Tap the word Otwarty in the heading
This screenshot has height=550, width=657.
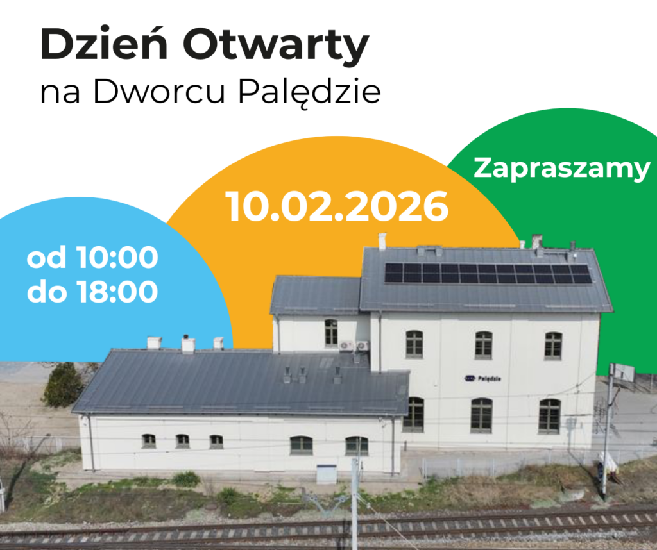click(x=276, y=46)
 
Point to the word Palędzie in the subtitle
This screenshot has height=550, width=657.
click(x=310, y=93)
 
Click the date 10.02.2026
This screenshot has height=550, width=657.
click(x=337, y=206)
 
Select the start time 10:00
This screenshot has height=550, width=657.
click(x=117, y=257)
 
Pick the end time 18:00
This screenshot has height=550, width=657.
click(x=117, y=291)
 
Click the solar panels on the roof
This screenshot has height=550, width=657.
click(x=488, y=273)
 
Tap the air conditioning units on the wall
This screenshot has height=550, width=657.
click(x=354, y=346)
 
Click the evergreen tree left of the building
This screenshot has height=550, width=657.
click(x=64, y=385)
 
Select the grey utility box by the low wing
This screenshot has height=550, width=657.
click(x=327, y=474)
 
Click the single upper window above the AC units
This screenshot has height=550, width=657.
click(x=331, y=333)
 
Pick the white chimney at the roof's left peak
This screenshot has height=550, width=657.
click(x=382, y=242)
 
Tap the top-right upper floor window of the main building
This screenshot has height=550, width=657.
click(x=553, y=346)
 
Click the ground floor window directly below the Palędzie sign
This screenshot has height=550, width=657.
click(x=481, y=415)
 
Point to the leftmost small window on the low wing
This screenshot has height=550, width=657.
click(x=149, y=441)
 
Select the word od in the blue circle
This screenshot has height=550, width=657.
click(x=46, y=258)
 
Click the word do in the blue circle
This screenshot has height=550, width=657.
click(x=46, y=292)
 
